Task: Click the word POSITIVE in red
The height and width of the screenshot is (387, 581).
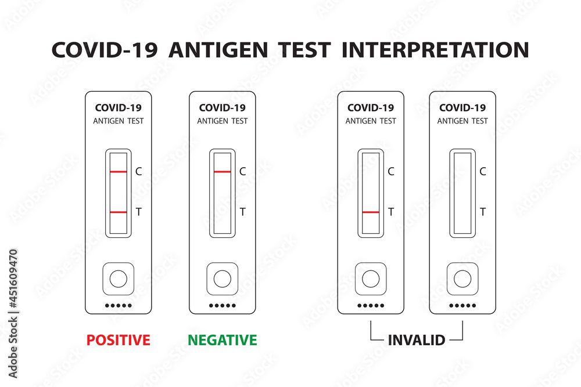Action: click(x=119, y=339)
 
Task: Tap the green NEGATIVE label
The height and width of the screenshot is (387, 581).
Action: click(x=222, y=339)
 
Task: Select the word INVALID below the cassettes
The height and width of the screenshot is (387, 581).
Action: click(x=416, y=339)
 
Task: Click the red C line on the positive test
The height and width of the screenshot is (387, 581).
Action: click(x=119, y=172)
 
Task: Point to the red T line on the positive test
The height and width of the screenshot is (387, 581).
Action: click(x=119, y=212)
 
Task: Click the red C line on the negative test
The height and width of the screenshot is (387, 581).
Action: click(x=222, y=172)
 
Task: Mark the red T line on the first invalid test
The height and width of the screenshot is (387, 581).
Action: click(x=371, y=212)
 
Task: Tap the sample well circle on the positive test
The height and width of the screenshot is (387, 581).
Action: click(x=119, y=279)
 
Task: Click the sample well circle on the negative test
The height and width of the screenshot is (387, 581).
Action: click(x=222, y=279)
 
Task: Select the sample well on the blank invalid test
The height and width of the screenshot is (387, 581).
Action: click(x=462, y=279)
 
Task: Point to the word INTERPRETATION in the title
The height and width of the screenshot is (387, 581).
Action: click(x=435, y=50)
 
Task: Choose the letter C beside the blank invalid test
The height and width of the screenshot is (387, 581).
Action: click(x=483, y=171)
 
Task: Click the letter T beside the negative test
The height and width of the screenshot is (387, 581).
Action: click(x=242, y=212)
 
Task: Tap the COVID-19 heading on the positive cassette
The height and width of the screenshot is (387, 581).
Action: click(x=119, y=107)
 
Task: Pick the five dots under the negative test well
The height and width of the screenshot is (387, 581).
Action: click(x=222, y=306)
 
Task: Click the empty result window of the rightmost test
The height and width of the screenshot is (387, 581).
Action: click(x=462, y=193)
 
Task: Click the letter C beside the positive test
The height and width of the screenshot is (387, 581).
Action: click(x=138, y=171)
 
